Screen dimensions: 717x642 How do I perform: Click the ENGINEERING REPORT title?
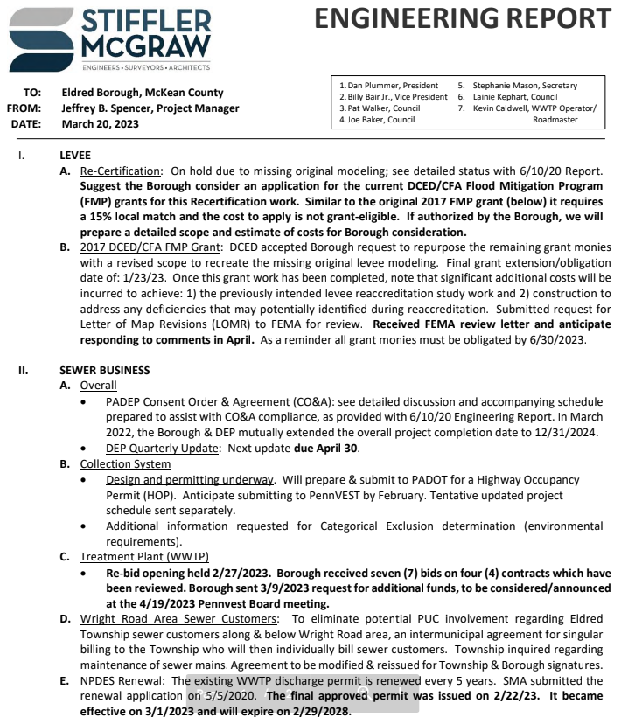[x=462, y=18]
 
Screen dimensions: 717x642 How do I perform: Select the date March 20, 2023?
[x=100, y=124]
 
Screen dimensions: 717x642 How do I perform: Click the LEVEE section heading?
[x=74, y=156]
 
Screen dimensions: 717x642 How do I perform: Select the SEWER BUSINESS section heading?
[x=104, y=371]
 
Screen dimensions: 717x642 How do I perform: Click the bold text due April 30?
[x=326, y=449]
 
